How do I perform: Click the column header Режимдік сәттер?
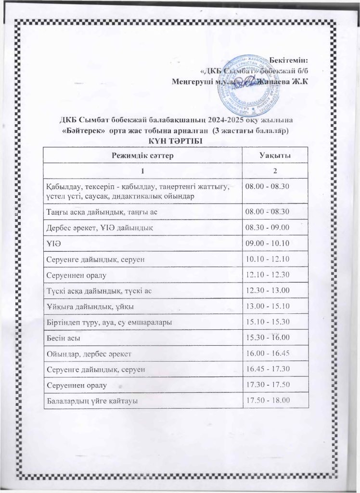142,155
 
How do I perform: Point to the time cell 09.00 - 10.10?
267,244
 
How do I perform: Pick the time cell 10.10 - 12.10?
267,259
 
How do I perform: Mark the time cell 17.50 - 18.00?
267,401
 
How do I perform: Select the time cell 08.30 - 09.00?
267,228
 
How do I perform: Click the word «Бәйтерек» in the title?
85,131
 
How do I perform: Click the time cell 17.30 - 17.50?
267,385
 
